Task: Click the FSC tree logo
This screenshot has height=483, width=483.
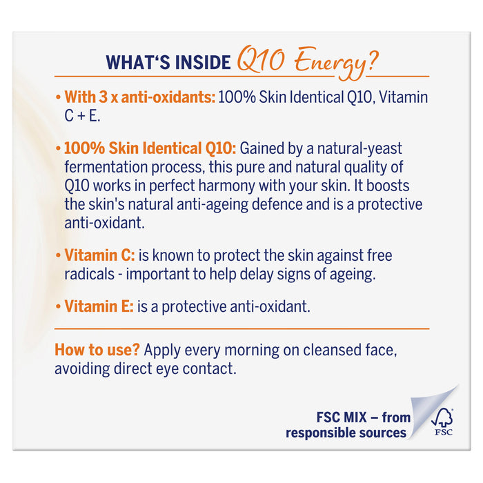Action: click(x=442, y=420)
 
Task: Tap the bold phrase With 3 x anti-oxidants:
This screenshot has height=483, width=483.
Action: click(x=139, y=97)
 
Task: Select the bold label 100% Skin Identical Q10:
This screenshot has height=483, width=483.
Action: click(x=150, y=148)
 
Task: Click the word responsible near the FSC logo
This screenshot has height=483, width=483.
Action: click(x=318, y=433)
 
